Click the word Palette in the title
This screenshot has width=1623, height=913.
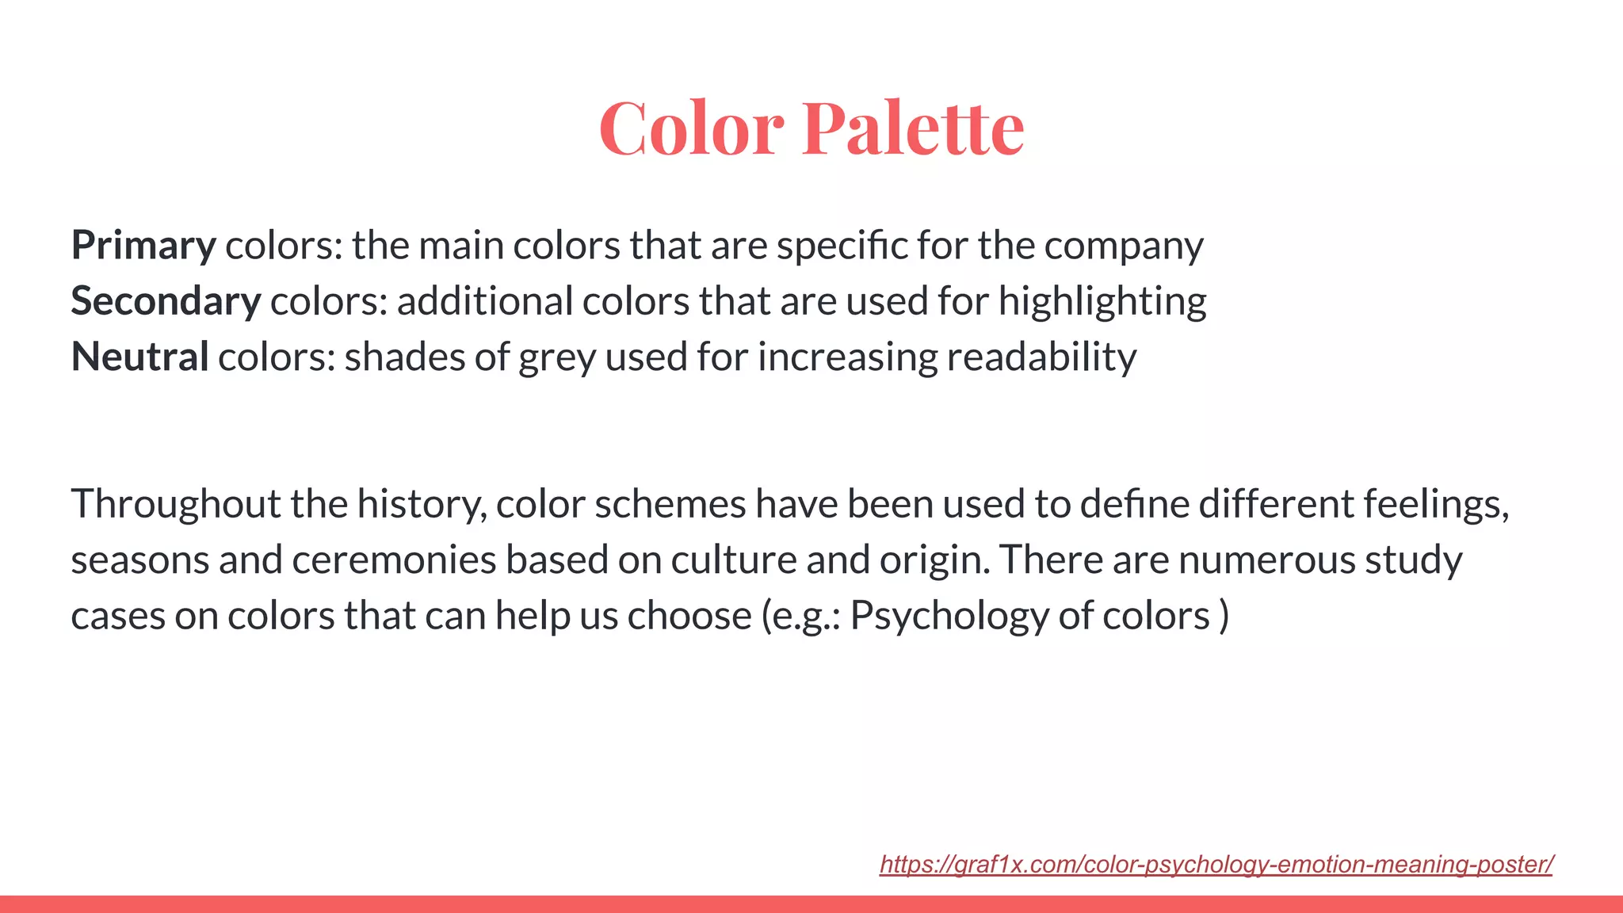pos(913,128)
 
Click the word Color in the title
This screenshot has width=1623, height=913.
pos(691,128)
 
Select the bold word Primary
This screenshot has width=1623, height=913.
pos(143,246)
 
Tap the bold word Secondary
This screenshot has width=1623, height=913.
pos(166,302)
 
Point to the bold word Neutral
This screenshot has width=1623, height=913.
pos(140,357)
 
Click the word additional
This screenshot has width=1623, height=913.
pos(485,302)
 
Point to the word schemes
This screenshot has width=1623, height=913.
pos(670,505)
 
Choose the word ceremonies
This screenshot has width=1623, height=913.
pos(394,560)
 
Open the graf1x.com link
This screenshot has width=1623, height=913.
pos(1216,864)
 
